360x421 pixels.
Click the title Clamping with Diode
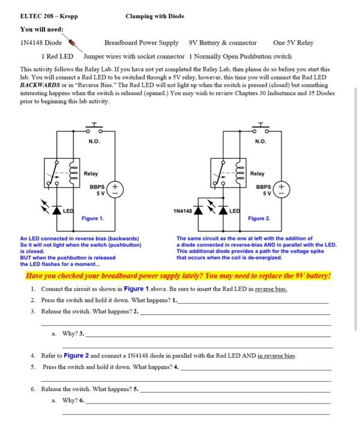(x=155, y=16)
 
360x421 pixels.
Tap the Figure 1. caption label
(x=93, y=218)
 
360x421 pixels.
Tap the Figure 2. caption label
(x=259, y=218)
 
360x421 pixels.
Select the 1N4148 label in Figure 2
(x=183, y=211)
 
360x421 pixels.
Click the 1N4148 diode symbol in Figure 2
(x=198, y=210)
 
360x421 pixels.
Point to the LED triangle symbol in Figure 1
(x=56, y=210)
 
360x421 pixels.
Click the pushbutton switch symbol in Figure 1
(x=94, y=128)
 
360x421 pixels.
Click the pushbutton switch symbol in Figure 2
(x=260, y=128)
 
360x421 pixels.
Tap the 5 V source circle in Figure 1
(x=115, y=189)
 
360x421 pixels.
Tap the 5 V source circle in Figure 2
(x=281, y=189)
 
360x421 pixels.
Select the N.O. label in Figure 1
(x=94, y=141)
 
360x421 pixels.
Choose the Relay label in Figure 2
(x=257, y=174)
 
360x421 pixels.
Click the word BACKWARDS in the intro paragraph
(x=40, y=85)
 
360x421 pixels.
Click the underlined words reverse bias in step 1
(x=271, y=289)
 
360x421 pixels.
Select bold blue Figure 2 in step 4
(x=76, y=355)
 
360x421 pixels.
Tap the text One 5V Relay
(x=293, y=43)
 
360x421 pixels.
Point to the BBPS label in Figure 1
(x=97, y=187)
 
